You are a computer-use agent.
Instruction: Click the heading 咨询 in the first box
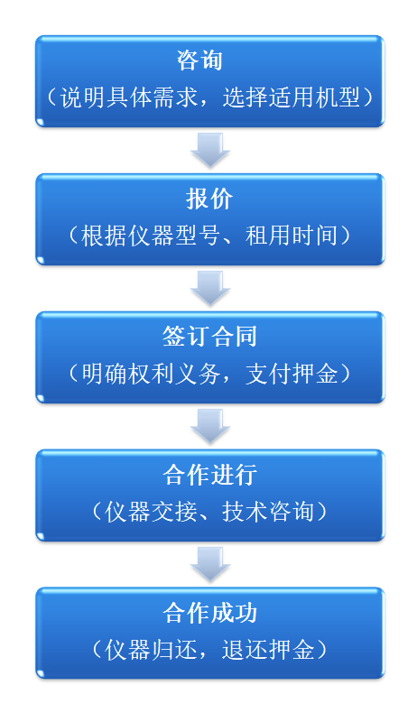(199, 60)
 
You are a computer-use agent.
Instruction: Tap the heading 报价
(209, 199)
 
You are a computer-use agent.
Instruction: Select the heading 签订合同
(209, 337)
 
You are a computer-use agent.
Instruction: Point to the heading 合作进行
(209, 475)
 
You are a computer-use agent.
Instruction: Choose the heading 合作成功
(209, 613)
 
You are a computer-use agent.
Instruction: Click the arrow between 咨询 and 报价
(210, 150)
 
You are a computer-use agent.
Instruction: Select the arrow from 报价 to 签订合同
(210, 288)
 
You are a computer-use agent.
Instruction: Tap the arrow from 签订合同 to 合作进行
(210, 426)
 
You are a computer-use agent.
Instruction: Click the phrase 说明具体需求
(128, 97)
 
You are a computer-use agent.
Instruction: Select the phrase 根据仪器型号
(151, 236)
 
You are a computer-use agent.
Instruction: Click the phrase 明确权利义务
(151, 374)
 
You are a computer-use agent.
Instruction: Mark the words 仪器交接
(151, 512)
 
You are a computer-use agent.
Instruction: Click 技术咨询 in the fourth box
(268, 512)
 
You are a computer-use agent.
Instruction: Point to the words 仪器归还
(151, 650)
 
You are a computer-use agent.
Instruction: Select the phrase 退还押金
(268, 650)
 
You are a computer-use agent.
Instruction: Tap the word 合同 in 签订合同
(234, 337)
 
